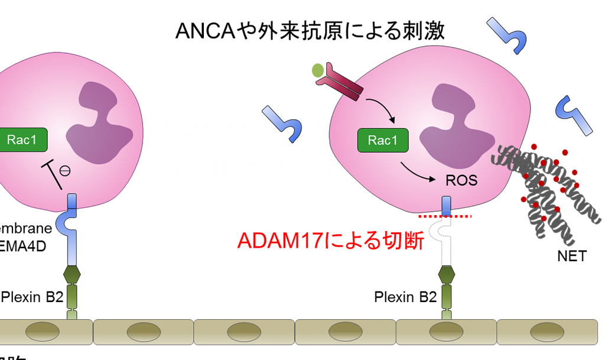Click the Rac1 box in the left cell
[22, 140]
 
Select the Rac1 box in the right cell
[382, 140]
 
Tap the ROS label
[461, 180]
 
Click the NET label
[572, 256]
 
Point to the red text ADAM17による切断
[330, 241]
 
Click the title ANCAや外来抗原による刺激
[310, 30]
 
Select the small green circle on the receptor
[318, 71]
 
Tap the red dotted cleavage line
[444, 217]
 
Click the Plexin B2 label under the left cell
[32, 296]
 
